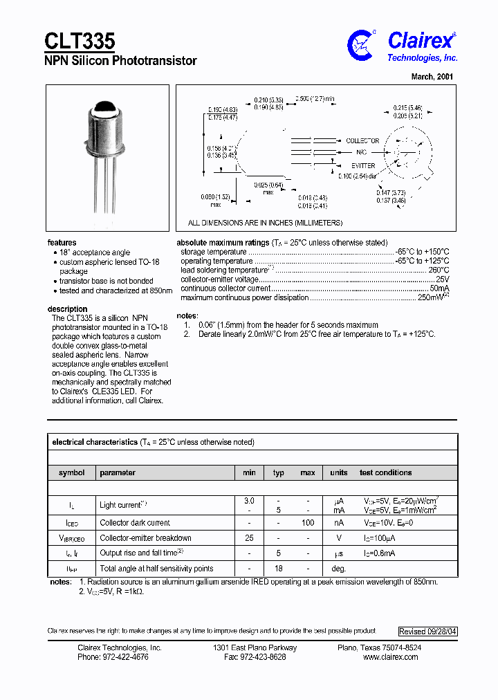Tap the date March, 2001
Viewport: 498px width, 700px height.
pyautogui.click(x=432, y=77)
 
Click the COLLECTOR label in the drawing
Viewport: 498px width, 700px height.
pyautogui.click(x=362, y=140)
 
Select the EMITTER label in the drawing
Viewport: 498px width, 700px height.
pyautogui.click(x=362, y=166)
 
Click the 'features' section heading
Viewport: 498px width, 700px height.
pyautogui.click(x=62, y=243)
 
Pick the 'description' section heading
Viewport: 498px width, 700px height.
pyautogui.click(x=67, y=309)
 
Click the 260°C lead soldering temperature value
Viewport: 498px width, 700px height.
pyautogui.click(x=438, y=270)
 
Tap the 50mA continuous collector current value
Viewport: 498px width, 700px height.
pyautogui.click(x=439, y=288)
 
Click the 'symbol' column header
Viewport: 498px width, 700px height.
pyautogui.click(x=71, y=473)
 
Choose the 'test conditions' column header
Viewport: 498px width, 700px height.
pyautogui.click(x=385, y=473)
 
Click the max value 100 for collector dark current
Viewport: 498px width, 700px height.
pyautogui.click(x=308, y=523)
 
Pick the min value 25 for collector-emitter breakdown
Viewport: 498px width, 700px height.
pyautogui.click(x=249, y=538)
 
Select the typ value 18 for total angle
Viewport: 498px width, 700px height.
pyautogui.click(x=279, y=569)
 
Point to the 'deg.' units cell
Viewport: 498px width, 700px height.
pyautogui.click(x=338, y=569)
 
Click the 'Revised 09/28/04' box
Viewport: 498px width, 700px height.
pyautogui.click(x=427, y=632)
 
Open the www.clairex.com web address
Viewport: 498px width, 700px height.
pyautogui.click(x=390, y=657)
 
